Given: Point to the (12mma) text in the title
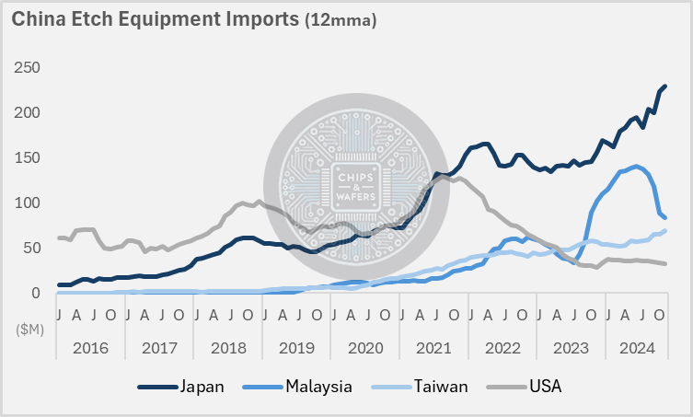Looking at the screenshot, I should [340, 18].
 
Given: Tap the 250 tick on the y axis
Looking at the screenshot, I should [27, 68].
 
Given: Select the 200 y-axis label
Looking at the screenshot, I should [27, 113].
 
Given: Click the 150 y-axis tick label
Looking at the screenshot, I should [27, 158].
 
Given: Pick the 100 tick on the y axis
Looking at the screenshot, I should [27, 203].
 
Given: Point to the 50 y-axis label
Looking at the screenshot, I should [30, 249].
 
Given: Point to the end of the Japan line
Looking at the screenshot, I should [665, 86].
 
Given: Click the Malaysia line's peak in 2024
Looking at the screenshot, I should [635, 167].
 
